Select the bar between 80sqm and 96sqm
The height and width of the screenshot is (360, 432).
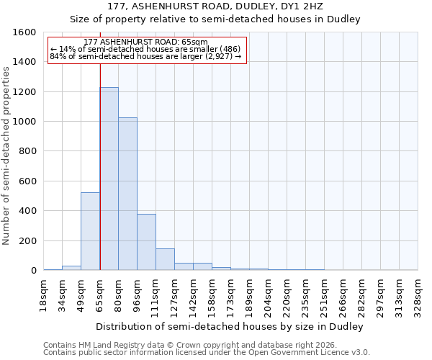click(x=127, y=194)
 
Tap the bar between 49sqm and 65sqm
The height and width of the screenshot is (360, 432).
click(x=90, y=231)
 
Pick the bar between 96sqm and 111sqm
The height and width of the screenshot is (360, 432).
click(x=146, y=242)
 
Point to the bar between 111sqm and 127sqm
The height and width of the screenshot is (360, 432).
click(x=165, y=259)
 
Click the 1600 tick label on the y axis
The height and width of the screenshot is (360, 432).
click(x=24, y=32)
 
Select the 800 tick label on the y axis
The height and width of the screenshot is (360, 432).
click(x=27, y=151)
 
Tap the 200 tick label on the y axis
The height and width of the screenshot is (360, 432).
click(x=27, y=240)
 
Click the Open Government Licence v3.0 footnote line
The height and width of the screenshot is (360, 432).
click(x=207, y=352)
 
